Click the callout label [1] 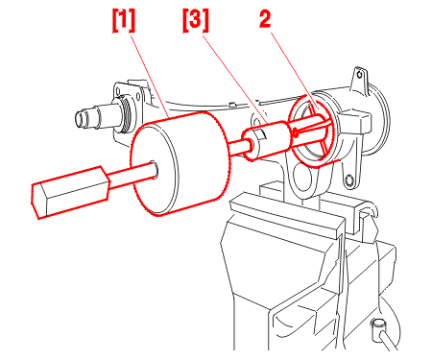124,21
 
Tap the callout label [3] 196,21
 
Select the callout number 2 265,19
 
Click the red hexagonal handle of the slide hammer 70,192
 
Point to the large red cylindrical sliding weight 180,164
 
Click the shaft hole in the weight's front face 154,170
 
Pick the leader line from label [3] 236,79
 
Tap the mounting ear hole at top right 360,75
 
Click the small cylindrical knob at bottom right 378,325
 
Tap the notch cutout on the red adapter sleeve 261,133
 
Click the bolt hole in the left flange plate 138,96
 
